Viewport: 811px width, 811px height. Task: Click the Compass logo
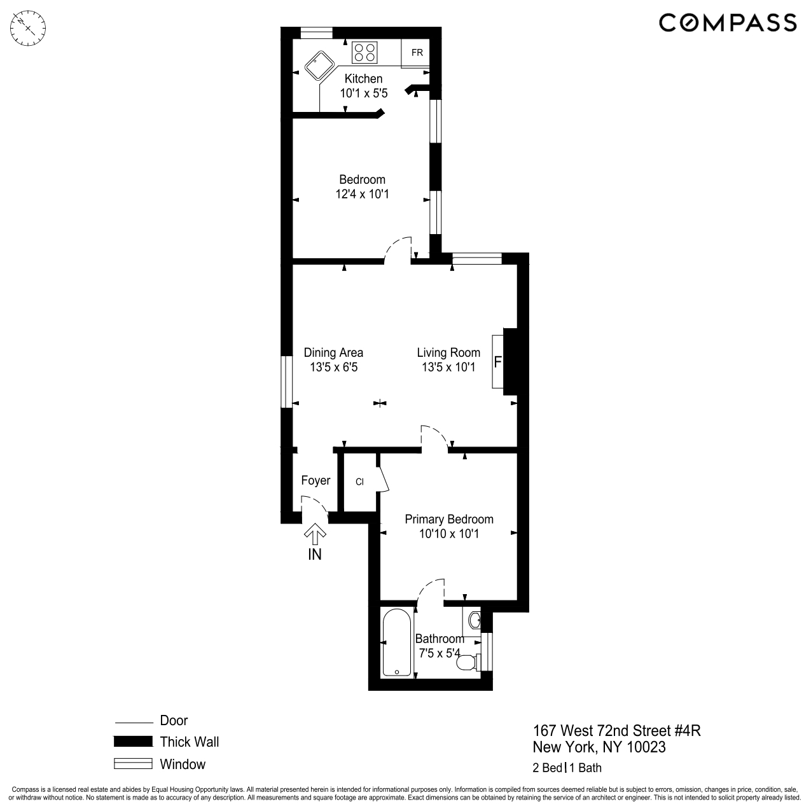tap(727, 23)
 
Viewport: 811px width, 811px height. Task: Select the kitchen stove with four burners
tap(364, 52)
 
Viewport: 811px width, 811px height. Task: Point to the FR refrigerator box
tap(417, 53)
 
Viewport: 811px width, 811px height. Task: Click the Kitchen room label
tap(363, 79)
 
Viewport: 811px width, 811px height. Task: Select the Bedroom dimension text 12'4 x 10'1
tap(362, 194)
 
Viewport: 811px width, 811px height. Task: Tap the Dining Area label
tap(333, 352)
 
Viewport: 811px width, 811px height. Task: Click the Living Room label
tap(448, 352)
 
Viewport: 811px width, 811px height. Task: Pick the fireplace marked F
tap(498, 362)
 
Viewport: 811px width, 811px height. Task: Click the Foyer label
tap(315, 480)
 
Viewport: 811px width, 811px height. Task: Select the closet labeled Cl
tap(359, 482)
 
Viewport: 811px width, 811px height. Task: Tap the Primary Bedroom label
tap(449, 519)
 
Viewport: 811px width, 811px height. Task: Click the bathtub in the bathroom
tap(398, 642)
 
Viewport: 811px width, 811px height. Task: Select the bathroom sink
tap(473, 619)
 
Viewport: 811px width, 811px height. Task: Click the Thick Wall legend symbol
tap(133, 742)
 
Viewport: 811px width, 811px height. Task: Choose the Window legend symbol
tap(133, 764)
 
